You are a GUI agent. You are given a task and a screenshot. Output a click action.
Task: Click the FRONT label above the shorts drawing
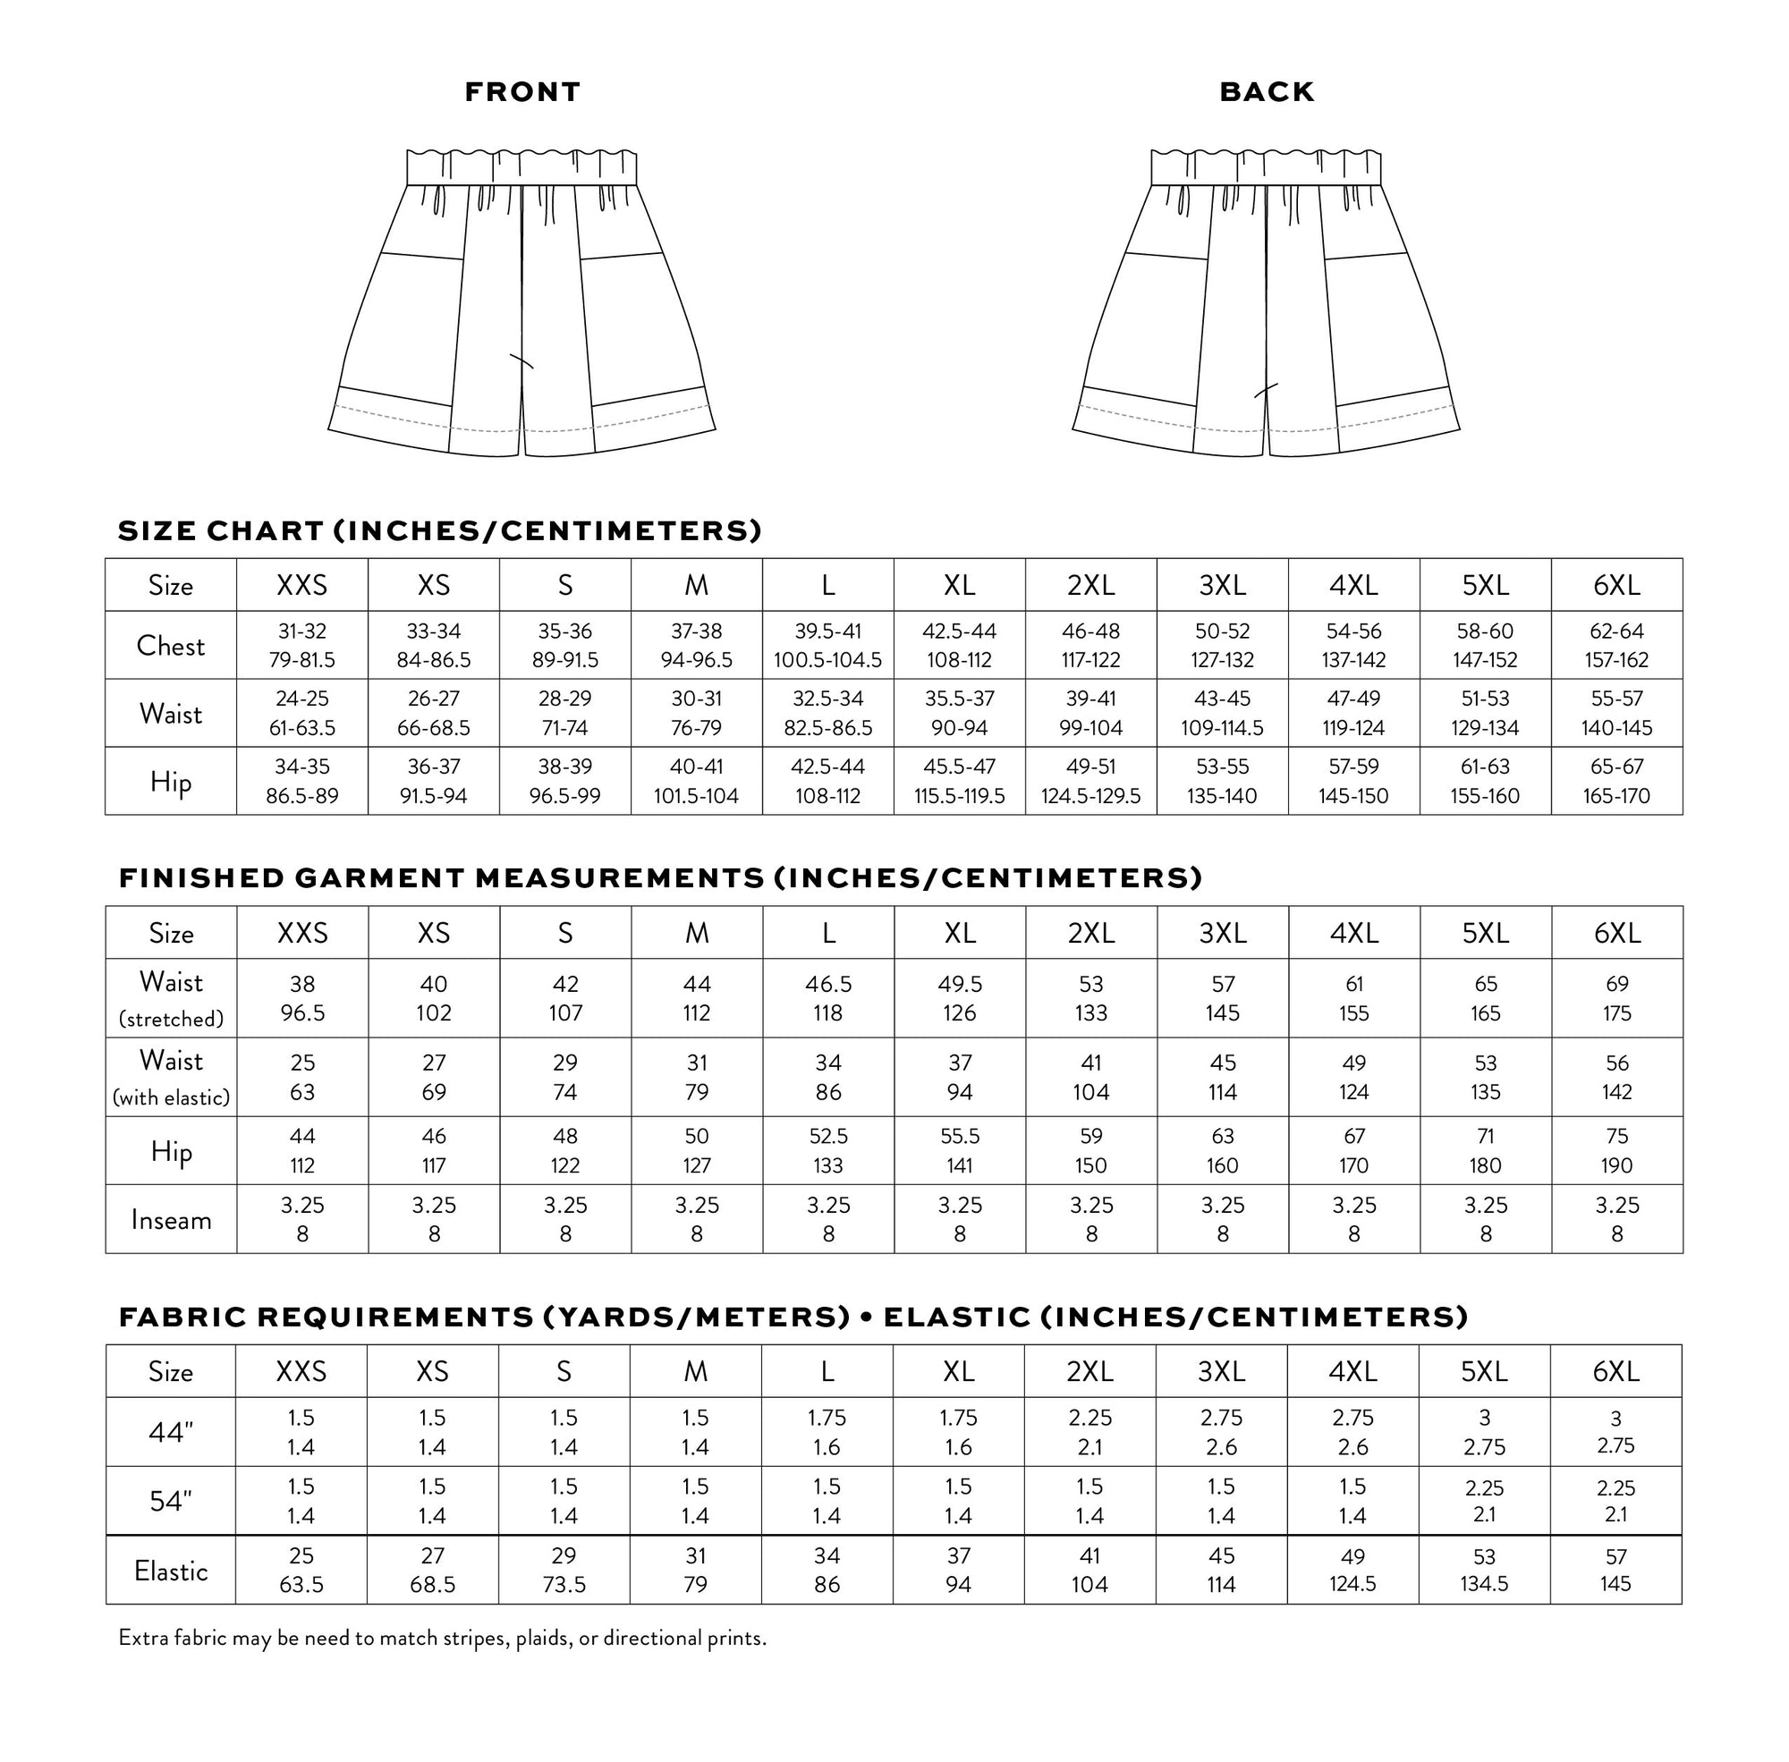(522, 91)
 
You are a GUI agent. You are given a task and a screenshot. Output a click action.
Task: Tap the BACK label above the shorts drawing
(1266, 91)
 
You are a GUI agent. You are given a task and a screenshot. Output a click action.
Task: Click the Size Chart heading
(439, 530)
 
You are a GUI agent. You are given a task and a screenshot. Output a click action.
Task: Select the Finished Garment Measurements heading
(660, 877)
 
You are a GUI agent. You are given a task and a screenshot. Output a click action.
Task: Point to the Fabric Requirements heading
(793, 1317)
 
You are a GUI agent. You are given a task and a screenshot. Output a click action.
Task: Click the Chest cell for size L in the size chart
(827, 645)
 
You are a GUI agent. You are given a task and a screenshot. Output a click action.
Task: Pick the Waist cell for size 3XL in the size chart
(1222, 714)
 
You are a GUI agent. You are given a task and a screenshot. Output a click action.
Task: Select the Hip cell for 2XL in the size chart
(1090, 781)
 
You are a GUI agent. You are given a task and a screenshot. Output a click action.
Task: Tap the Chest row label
(170, 645)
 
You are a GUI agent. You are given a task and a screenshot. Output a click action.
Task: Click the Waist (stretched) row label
(170, 998)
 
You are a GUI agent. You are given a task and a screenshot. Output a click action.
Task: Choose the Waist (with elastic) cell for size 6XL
(1616, 1077)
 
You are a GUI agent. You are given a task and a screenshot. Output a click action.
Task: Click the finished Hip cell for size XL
(959, 1150)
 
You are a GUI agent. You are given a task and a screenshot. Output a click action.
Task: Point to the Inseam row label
(170, 1220)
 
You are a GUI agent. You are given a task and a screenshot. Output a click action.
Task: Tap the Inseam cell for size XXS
(301, 1220)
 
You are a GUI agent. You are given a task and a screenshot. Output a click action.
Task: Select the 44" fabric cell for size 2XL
(1090, 1432)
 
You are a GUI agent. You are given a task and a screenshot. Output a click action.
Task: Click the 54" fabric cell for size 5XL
(1484, 1500)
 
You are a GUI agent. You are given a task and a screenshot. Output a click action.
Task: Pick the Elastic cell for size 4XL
(1352, 1570)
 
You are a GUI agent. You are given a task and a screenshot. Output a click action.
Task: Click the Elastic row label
(170, 1571)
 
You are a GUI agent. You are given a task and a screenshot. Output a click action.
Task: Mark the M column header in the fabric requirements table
(695, 1371)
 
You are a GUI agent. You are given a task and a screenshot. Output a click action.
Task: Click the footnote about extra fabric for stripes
(443, 1638)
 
